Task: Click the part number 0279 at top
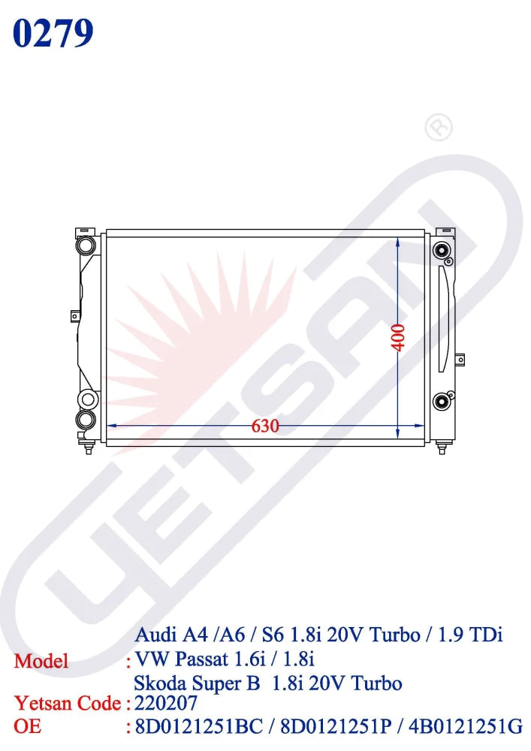(x=53, y=34)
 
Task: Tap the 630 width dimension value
(x=265, y=426)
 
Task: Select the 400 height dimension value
(x=398, y=338)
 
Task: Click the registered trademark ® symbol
(x=439, y=127)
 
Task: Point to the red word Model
(x=41, y=661)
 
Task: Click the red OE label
(x=27, y=726)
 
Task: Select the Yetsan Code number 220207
(x=166, y=703)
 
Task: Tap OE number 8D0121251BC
(x=199, y=726)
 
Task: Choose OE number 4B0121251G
(x=466, y=726)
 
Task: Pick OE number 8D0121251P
(x=336, y=726)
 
